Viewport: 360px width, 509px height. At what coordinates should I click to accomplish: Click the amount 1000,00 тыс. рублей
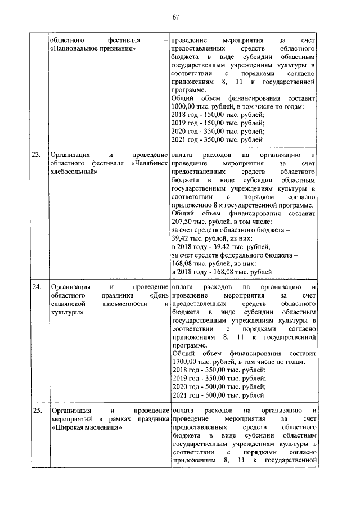[x=196, y=107]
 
